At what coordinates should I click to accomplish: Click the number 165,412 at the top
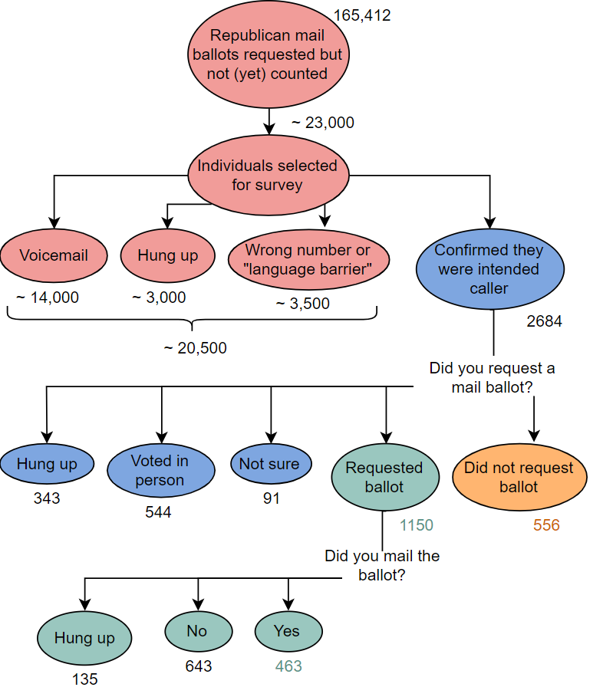[x=361, y=15]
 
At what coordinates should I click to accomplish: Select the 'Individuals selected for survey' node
[x=267, y=176]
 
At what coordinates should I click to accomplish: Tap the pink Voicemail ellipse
[x=54, y=256]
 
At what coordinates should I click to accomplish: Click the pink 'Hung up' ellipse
[x=167, y=256]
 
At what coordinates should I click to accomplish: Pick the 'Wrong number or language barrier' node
[x=308, y=260]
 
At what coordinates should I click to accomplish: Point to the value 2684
[x=544, y=321]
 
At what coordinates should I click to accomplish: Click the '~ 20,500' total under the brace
[x=195, y=348]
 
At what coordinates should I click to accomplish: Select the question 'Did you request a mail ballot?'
[x=492, y=377]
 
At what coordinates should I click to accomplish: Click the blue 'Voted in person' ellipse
[x=160, y=470]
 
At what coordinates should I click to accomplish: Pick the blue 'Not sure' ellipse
[x=269, y=464]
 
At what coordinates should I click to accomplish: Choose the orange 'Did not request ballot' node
[x=519, y=477]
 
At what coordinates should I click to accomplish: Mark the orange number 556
[x=546, y=525]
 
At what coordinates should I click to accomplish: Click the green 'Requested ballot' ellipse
[x=384, y=476]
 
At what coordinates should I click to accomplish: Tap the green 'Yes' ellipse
[x=287, y=631]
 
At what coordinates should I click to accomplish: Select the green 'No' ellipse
[x=197, y=631]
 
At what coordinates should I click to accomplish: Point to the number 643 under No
[x=198, y=666]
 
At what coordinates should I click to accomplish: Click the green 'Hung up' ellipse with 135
[x=84, y=638]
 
